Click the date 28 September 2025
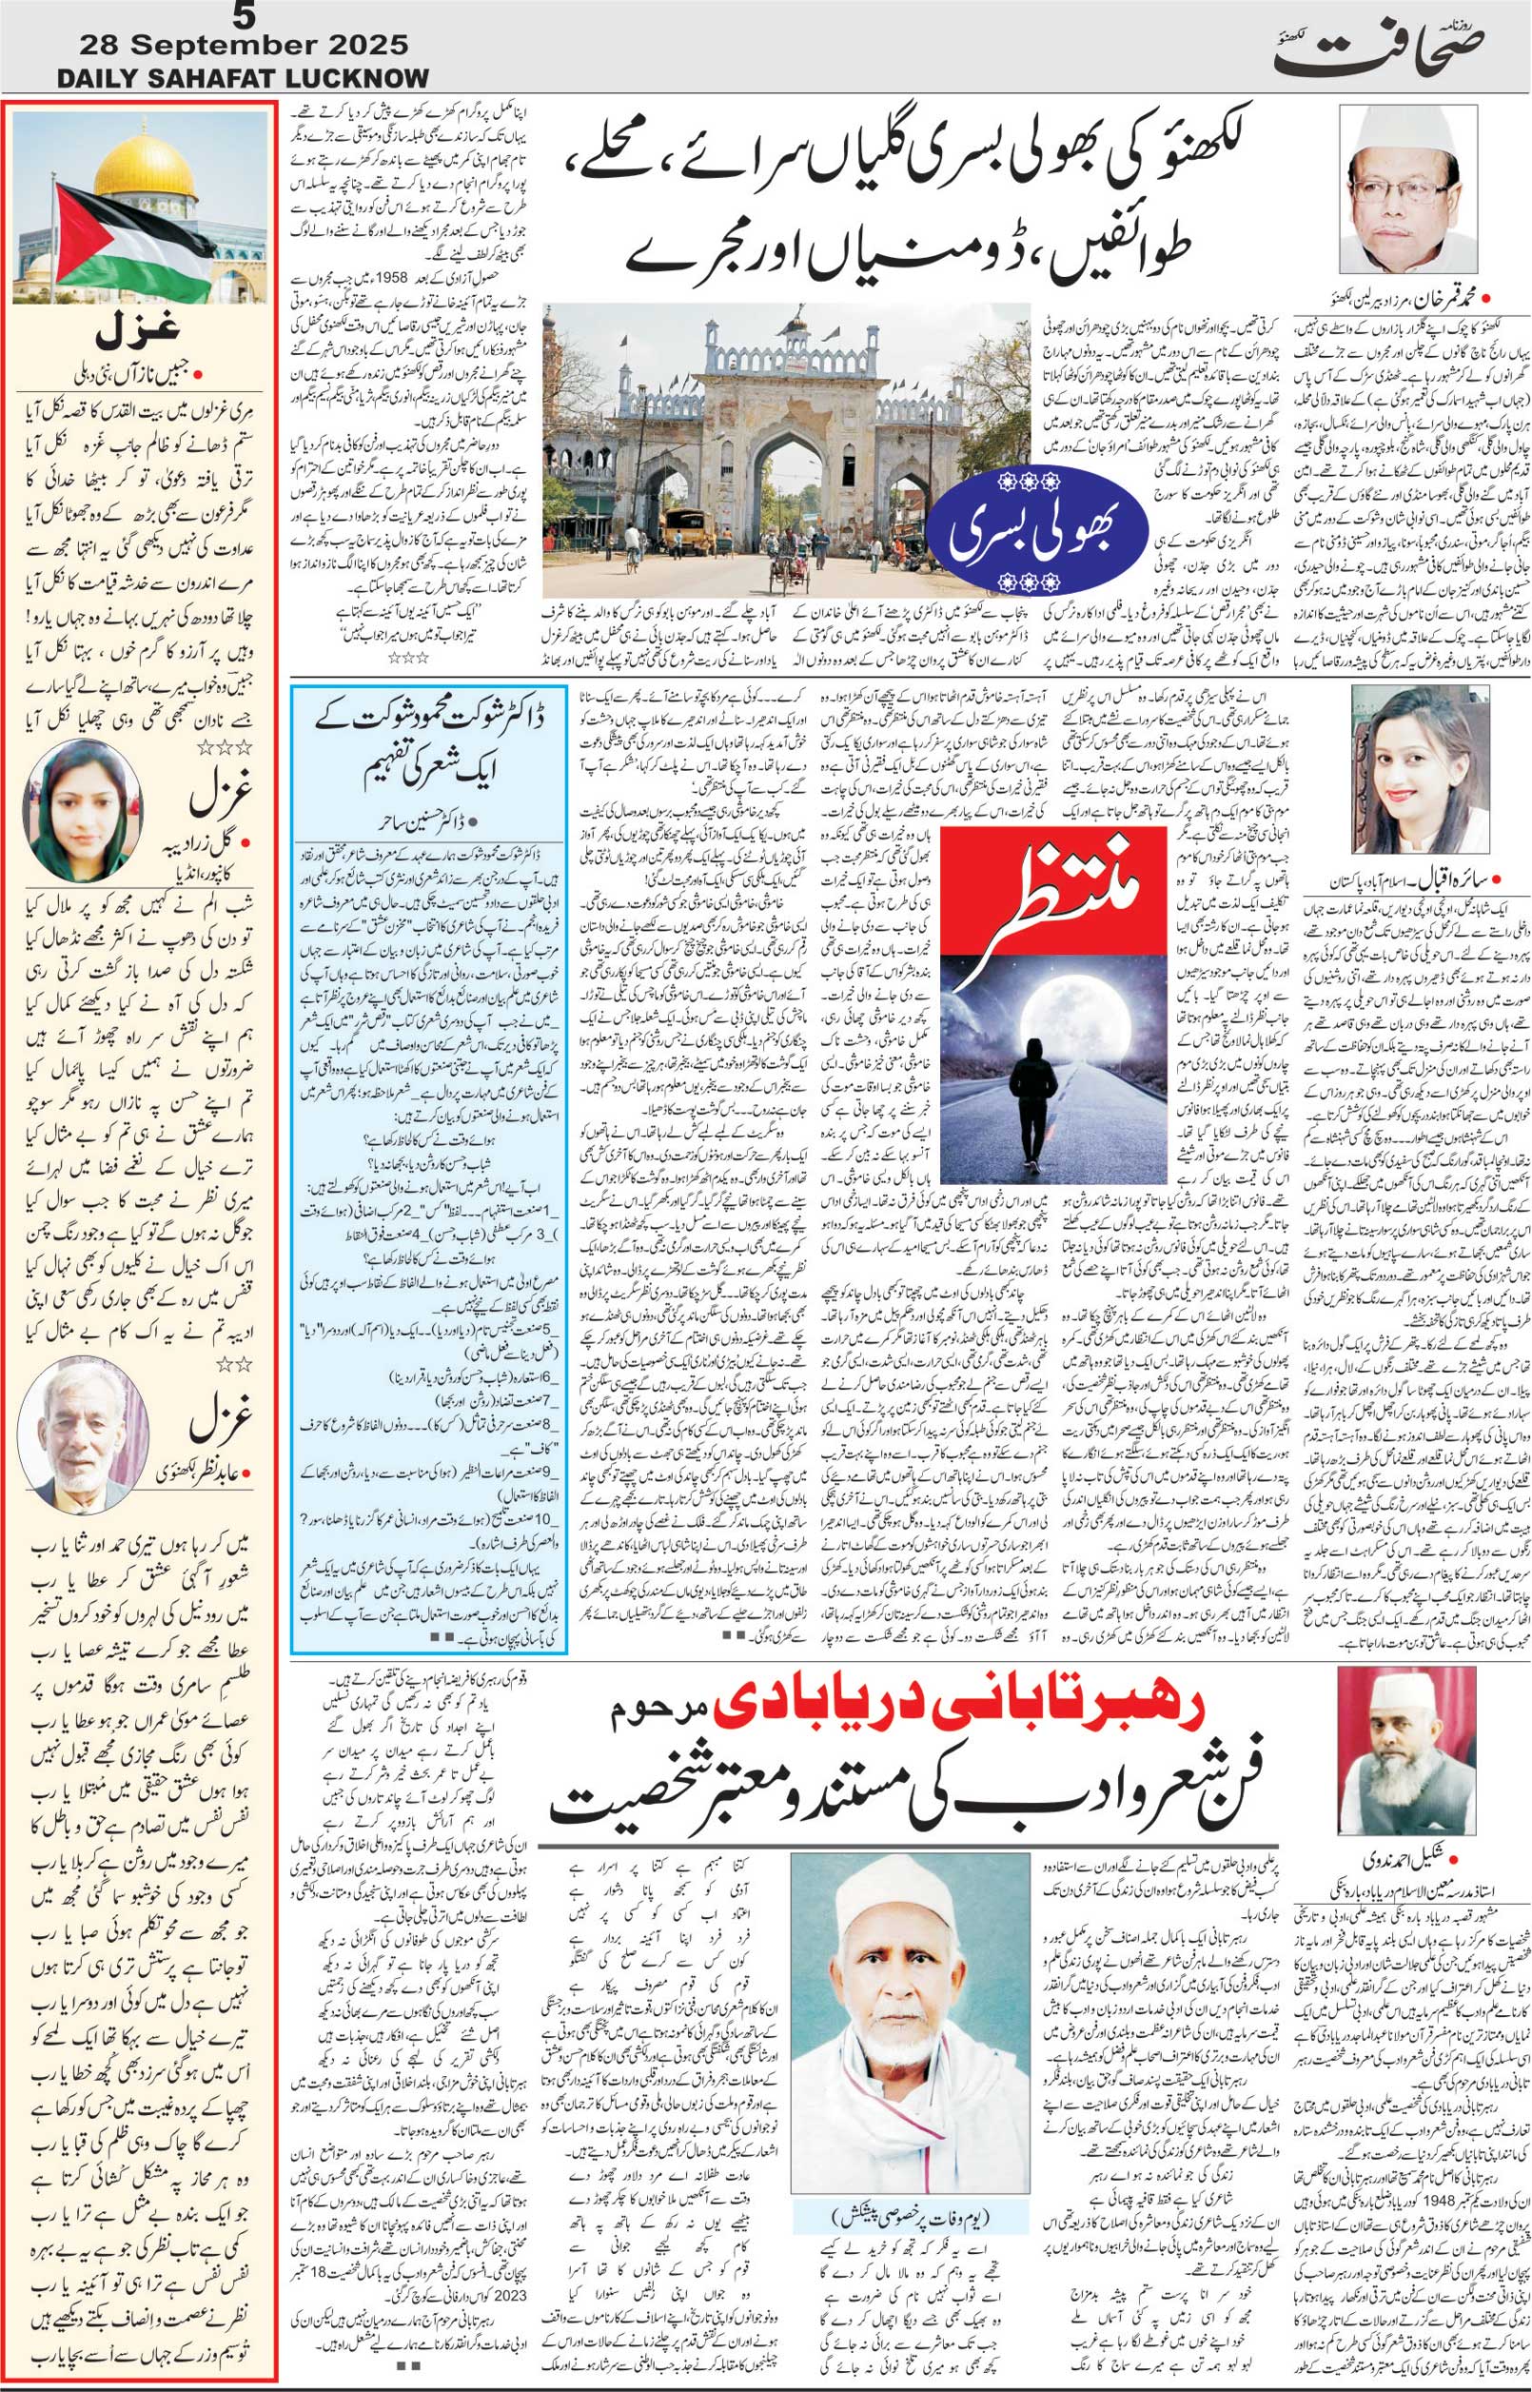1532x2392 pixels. coord(245,46)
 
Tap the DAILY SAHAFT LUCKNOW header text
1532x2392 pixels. coord(244,79)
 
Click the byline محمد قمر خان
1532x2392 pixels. coord(1442,295)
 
